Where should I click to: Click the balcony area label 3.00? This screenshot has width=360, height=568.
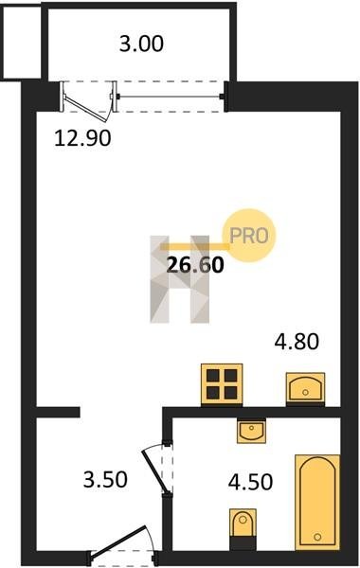tap(141, 44)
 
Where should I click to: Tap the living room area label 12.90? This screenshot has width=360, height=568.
tap(82, 138)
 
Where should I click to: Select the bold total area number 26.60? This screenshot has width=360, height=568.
tap(195, 265)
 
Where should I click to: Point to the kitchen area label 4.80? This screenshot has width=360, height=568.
tap(297, 342)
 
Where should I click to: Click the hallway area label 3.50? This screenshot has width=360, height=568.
tap(105, 479)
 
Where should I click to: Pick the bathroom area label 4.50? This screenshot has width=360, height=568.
tap(250, 482)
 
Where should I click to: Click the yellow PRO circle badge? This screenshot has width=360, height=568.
tap(250, 236)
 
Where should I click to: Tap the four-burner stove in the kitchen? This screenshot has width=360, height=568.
tap(222, 384)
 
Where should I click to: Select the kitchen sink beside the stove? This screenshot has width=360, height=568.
tap(305, 388)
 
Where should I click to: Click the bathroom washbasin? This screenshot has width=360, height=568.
tap(251, 431)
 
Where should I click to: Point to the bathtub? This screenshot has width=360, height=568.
tap(317, 502)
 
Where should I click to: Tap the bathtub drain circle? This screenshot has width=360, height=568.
tap(318, 537)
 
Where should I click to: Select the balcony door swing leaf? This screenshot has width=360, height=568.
tap(87, 108)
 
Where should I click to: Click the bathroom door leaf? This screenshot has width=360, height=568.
tap(154, 471)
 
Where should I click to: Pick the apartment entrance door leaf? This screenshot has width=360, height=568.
tap(119, 540)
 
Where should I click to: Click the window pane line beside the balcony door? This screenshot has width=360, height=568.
tap(170, 97)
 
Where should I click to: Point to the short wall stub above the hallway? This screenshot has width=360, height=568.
tap(58, 412)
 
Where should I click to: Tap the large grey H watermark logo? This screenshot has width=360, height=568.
tap(180, 279)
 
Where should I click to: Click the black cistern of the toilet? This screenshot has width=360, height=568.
tap(243, 543)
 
